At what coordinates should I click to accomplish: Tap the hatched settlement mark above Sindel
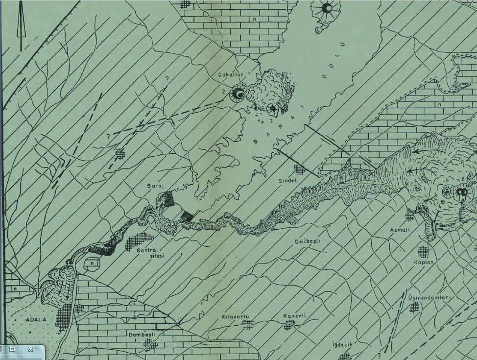[x=299, y=170]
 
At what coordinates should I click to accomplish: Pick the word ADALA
[x=36, y=320]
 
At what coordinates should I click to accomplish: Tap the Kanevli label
[x=295, y=316]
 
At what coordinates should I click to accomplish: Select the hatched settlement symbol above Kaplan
[x=423, y=252]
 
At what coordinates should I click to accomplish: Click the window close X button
[x=30, y=349]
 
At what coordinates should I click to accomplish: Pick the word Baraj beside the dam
[x=155, y=187]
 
